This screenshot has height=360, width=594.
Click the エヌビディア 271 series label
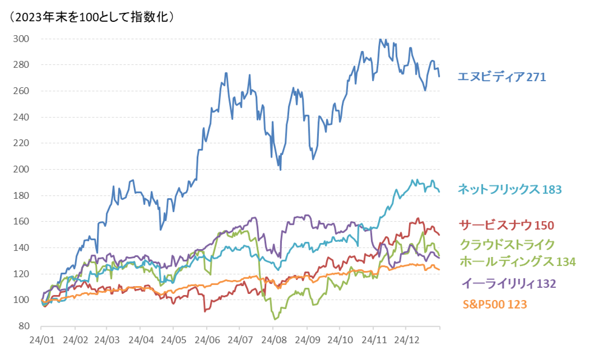coord(502,78)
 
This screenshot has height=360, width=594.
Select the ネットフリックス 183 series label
coord(510,189)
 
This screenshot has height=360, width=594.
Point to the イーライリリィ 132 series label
coord(509,284)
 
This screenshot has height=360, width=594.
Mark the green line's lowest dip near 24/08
coord(276,319)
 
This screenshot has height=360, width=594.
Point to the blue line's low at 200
coord(280,169)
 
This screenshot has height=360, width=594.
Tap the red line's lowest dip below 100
coord(205,311)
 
